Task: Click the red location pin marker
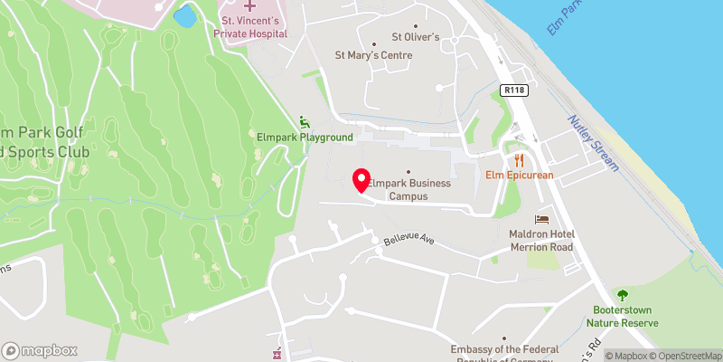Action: click(361, 180)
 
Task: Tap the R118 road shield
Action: click(515, 90)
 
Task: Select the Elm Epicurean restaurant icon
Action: click(519, 156)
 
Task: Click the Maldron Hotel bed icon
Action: click(542, 219)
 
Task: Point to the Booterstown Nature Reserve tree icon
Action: click(622, 295)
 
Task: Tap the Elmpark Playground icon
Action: click(304, 122)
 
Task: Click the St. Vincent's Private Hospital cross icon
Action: click(250, 6)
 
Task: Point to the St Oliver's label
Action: click(415, 37)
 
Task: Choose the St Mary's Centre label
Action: click(373, 55)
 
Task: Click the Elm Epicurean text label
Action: click(519, 174)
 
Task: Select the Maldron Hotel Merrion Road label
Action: click(542, 241)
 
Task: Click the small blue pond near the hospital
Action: click(184, 16)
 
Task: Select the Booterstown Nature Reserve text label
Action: click(622, 316)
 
